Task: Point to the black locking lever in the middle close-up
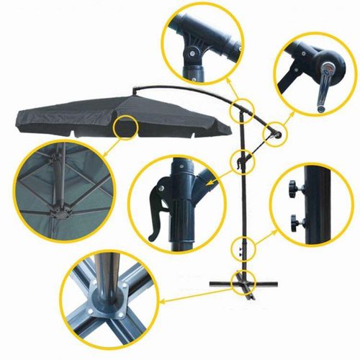(x=156, y=213)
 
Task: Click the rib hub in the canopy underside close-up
(x=60, y=212)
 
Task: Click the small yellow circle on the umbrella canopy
(x=127, y=126)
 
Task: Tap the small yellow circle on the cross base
(x=239, y=280)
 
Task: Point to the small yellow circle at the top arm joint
(x=240, y=109)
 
